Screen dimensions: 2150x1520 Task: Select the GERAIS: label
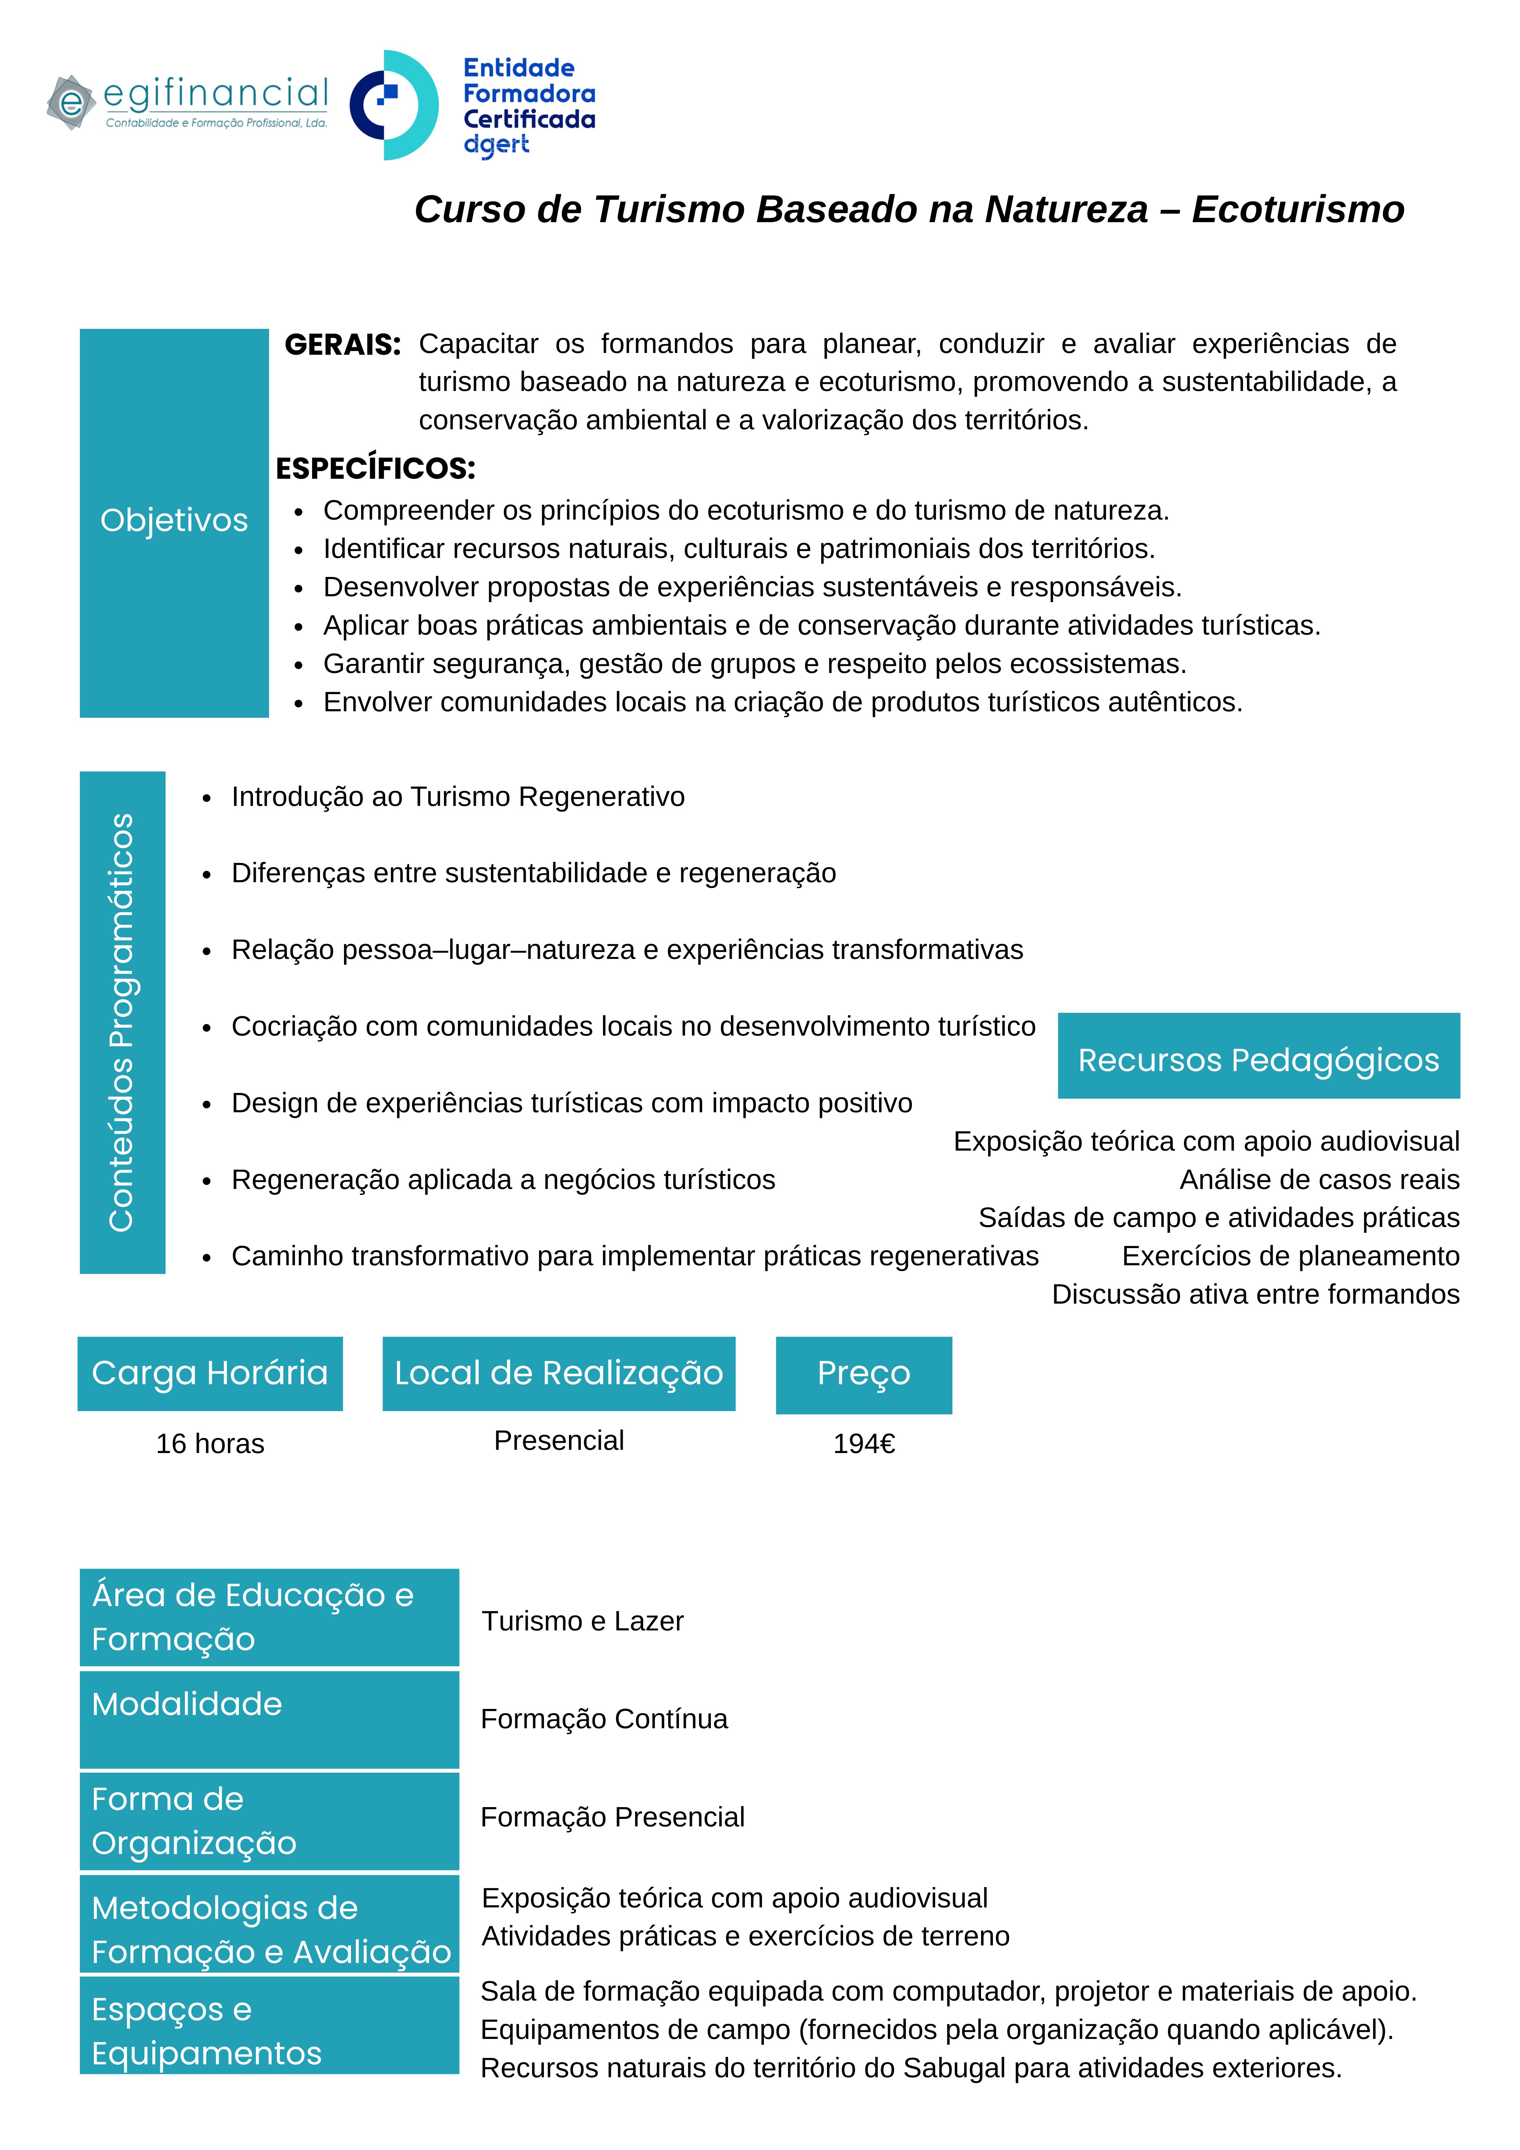(343, 345)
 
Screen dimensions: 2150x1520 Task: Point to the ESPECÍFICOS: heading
(376, 468)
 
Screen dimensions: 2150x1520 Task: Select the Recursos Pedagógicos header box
(1258, 1059)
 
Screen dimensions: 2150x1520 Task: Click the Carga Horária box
(210, 1373)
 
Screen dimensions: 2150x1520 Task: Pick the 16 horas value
(210, 1443)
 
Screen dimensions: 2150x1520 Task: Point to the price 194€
(864, 1443)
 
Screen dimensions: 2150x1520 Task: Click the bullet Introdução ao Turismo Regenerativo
(458, 797)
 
